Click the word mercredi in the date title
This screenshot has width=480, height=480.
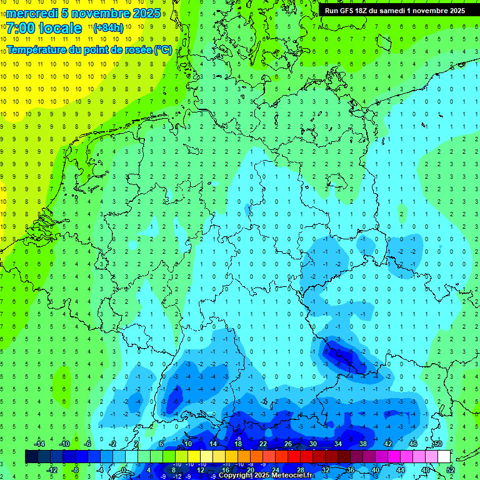[x=33, y=13]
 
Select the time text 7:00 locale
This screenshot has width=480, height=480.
[x=44, y=28]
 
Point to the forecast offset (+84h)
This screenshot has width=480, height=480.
[x=108, y=28]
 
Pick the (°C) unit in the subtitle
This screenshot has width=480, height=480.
[x=163, y=50]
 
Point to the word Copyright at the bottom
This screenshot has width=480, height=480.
[x=237, y=476]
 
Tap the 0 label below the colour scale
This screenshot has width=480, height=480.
[x=124, y=470]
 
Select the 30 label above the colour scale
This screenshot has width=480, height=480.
[x=313, y=443]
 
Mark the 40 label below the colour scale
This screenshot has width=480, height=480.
[x=375, y=470]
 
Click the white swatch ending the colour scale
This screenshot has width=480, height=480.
[x=444, y=457]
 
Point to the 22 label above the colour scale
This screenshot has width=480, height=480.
[x=263, y=443]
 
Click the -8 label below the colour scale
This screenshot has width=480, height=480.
[x=76, y=470]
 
